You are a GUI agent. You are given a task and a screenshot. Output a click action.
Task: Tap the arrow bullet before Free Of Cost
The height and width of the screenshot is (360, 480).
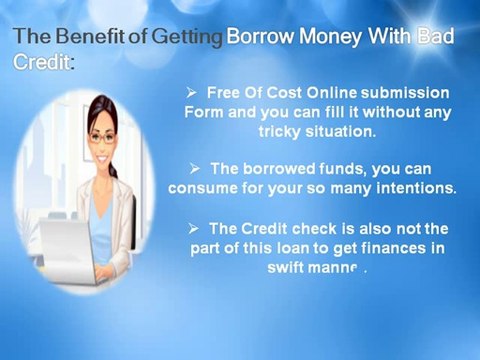193,92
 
